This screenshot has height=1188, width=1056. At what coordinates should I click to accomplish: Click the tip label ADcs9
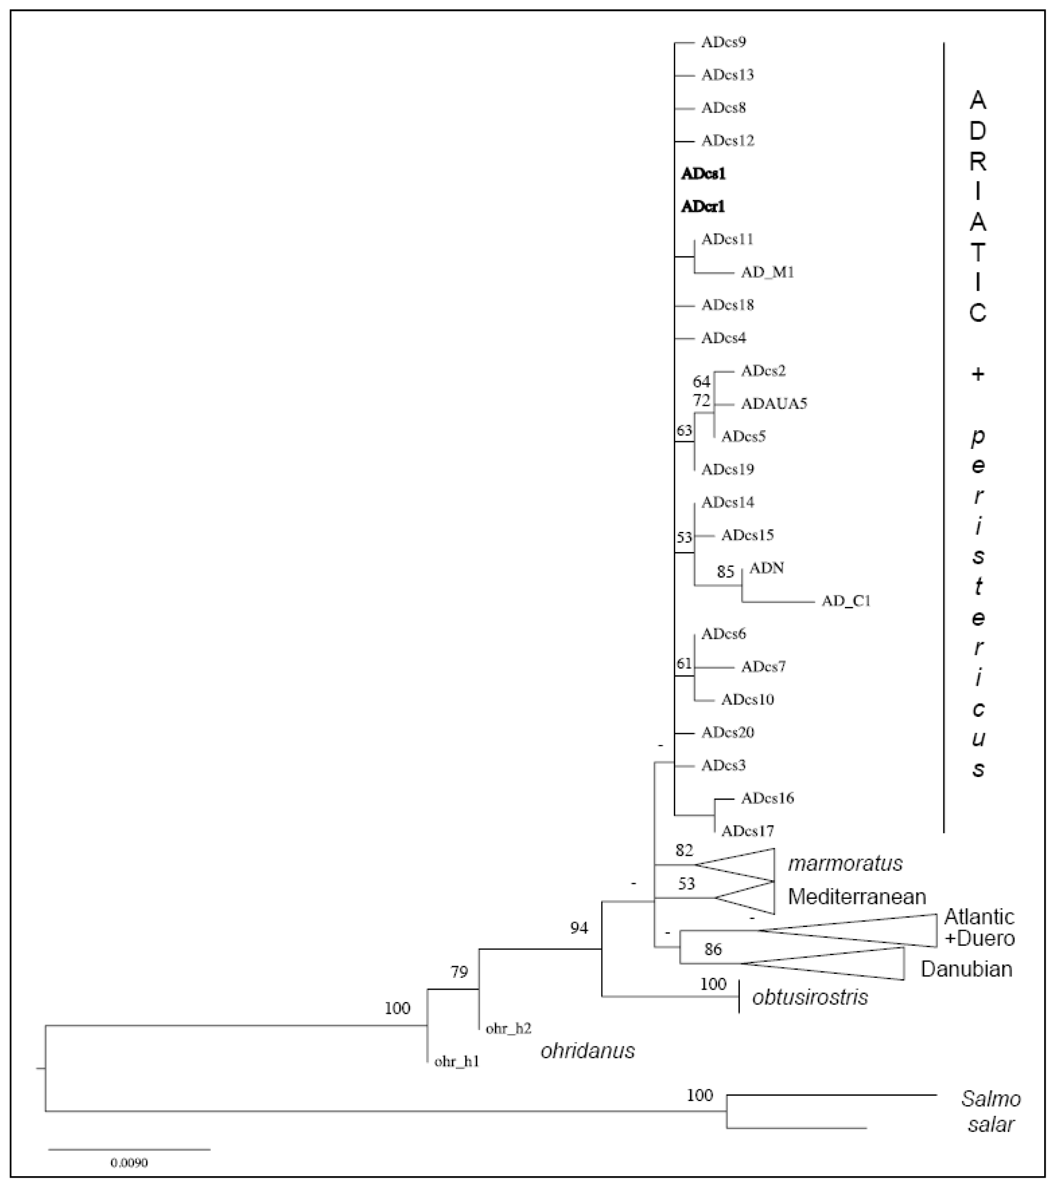tap(723, 42)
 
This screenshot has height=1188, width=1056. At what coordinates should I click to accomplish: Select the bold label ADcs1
tap(703, 173)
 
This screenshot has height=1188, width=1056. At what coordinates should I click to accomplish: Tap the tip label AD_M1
tap(767, 272)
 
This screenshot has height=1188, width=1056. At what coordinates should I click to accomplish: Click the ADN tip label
tap(766, 568)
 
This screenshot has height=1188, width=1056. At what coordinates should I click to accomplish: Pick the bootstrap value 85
tap(726, 572)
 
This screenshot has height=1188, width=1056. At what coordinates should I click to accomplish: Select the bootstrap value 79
tap(459, 972)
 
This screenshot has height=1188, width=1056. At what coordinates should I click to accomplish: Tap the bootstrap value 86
tap(713, 949)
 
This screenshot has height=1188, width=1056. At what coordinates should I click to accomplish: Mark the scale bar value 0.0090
tap(129, 1162)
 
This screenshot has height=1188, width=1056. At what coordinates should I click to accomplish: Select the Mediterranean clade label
tap(857, 897)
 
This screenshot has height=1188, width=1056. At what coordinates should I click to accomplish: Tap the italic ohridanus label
tap(587, 1050)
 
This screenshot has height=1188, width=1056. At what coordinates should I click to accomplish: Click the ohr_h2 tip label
tap(509, 1028)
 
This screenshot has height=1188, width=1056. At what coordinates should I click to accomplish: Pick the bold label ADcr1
tap(703, 206)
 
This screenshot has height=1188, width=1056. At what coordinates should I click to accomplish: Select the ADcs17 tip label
tap(747, 831)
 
